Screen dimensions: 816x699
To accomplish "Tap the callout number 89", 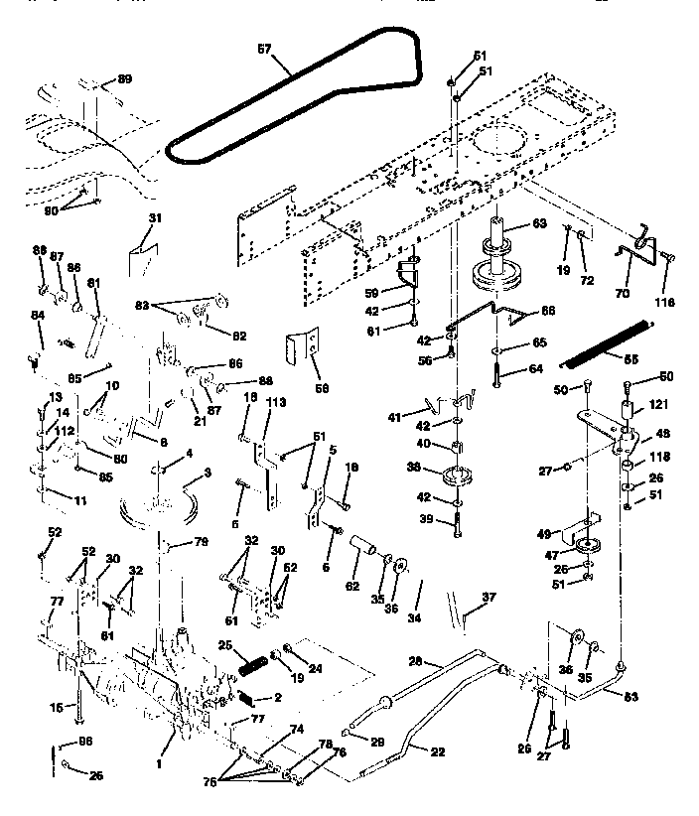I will tap(124, 78).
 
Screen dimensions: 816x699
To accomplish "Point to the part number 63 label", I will tap(539, 223).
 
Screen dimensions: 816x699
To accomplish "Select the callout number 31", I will tap(154, 218).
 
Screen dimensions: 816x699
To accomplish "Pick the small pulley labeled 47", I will tap(587, 549).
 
